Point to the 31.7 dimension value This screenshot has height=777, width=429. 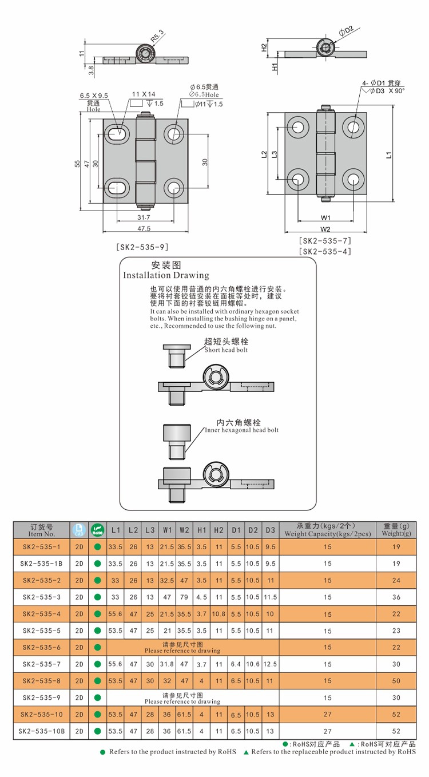(x=144, y=217)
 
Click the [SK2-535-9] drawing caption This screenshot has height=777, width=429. (x=142, y=247)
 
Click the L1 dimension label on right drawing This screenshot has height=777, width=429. (x=389, y=154)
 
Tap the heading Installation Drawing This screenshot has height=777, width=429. (x=166, y=275)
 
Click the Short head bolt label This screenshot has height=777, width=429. (x=226, y=350)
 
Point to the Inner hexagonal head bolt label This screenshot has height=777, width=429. (x=242, y=430)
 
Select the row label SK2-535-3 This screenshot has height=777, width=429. (x=41, y=596)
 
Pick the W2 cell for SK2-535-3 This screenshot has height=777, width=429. (x=184, y=596)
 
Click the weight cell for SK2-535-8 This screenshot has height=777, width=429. (x=394, y=680)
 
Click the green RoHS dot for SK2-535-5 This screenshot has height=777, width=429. (x=97, y=630)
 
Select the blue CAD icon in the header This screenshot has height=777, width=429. (x=79, y=530)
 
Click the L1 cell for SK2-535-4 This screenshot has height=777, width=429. (x=116, y=613)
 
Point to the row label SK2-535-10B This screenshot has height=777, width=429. (x=41, y=731)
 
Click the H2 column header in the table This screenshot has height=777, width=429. (x=219, y=530)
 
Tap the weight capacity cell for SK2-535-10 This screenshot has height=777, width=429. (x=327, y=714)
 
